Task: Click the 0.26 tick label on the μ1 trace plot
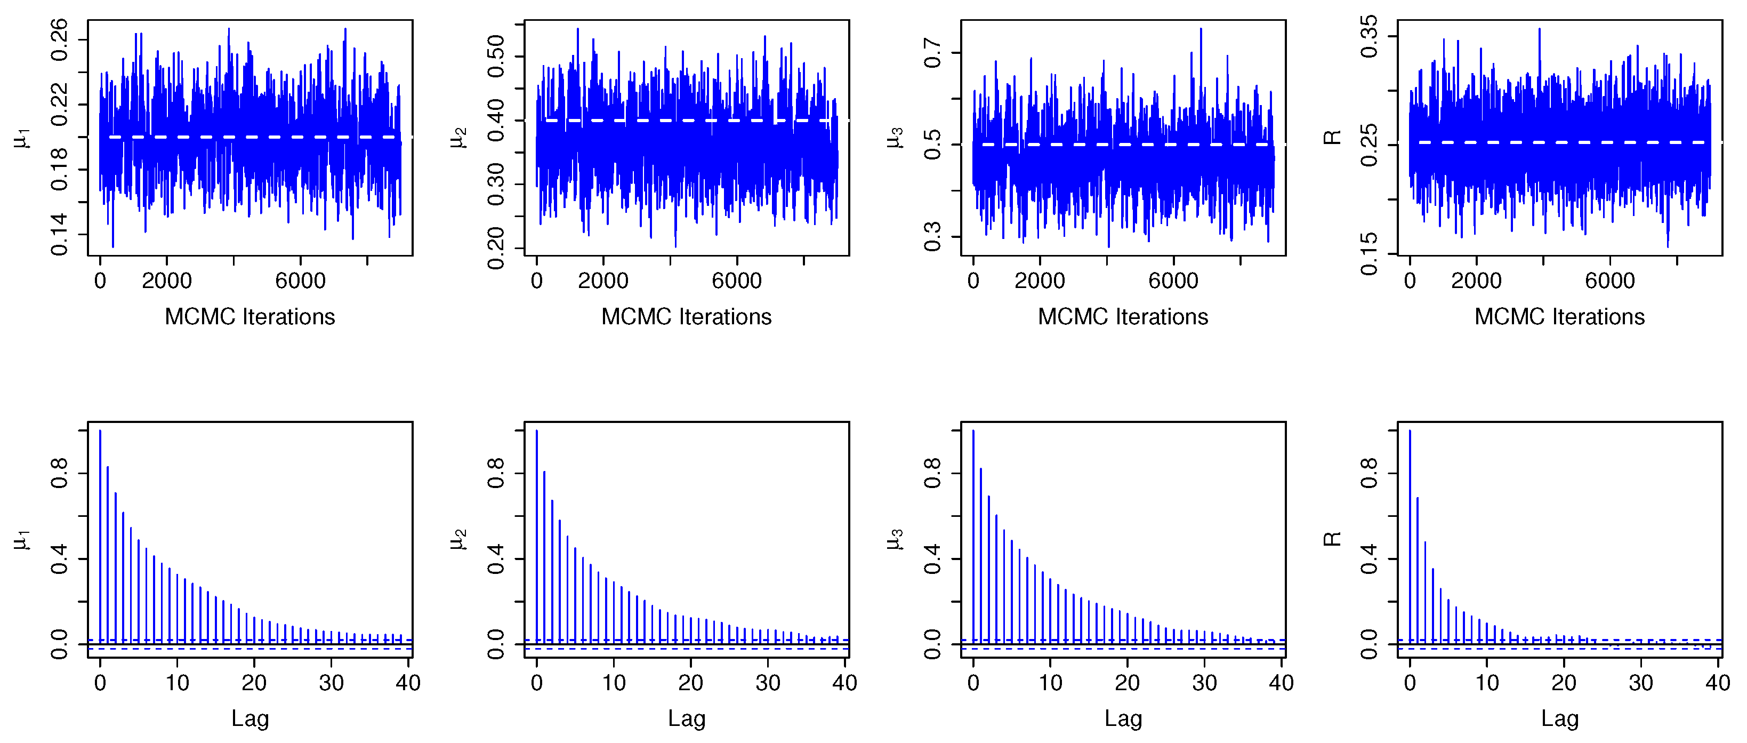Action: [x=60, y=40]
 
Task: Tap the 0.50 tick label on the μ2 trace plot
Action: [x=496, y=55]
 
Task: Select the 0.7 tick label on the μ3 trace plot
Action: [x=933, y=53]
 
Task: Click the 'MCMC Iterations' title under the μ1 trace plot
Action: [x=249, y=317]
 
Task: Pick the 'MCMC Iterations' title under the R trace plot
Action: [x=1559, y=317]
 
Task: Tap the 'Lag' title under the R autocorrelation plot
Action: [x=1559, y=718]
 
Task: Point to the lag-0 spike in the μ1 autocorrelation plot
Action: [x=100, y=536]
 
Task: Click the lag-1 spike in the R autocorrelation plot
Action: [x=1418, y=570]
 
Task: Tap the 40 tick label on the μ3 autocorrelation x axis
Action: [x=1281, y=683]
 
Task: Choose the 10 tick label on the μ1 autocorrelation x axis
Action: [x=177, y=683]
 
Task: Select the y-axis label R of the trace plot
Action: [x=1333, y=138]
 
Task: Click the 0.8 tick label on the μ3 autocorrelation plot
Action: [x=933, y=473]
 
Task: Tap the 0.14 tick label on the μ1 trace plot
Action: [x=60, y=234]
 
